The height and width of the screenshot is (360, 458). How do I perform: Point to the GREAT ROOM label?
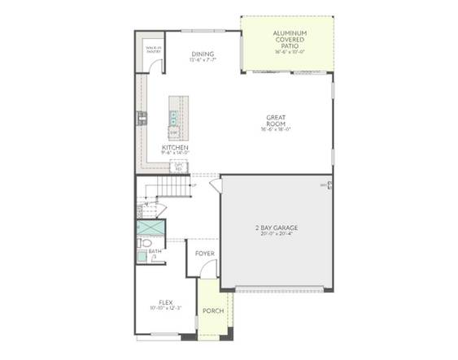[x=276, y=121]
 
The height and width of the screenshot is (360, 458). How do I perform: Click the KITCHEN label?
[x=175, y=148]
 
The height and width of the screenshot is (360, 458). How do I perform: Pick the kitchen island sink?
[x=174, y=116]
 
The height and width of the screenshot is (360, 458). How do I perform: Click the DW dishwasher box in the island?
[x=173, y=131]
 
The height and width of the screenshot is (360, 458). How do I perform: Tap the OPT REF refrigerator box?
[x=179, y=167]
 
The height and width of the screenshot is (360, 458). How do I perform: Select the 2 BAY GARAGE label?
[x=276, y=228]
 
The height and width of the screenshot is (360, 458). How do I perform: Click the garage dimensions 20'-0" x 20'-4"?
[x=276, y=235]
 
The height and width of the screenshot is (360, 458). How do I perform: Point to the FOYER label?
[x=204, y=254]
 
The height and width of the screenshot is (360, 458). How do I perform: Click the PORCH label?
[x=213, y=310]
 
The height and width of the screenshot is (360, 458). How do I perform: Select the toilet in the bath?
[x=144, y=242]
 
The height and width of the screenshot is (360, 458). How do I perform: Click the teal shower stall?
[x=150, y=228]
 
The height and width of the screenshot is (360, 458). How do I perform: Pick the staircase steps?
[x=171, y=189]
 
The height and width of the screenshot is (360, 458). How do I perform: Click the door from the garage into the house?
[x=216, y=186]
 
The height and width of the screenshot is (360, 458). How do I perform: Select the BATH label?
[x=155, y=252]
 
